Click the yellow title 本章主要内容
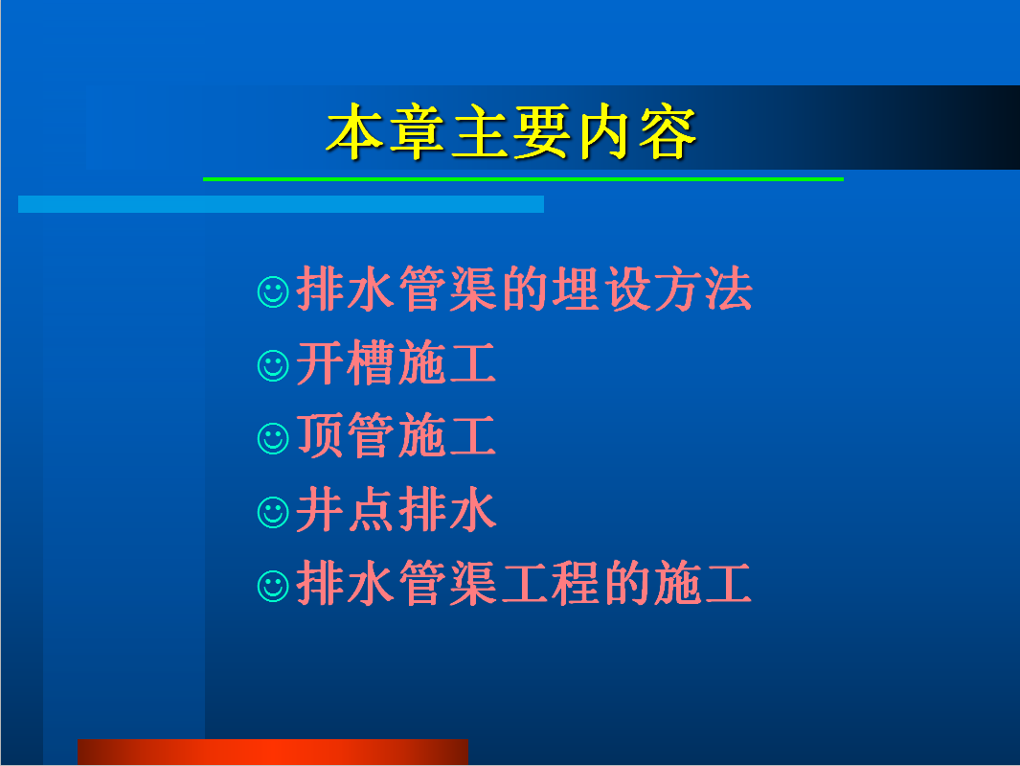pos(511,132)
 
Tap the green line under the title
pos(523,179)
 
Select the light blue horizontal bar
pos(281,204)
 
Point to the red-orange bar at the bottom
pos(273,752)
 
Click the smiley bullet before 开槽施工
pos(273,365)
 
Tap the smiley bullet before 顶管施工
pos(273,438)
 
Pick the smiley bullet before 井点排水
pos(273,512)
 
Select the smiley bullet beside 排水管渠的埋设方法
pos(273,291)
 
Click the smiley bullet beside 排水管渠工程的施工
pos(273,586)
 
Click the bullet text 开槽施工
pos(397,362)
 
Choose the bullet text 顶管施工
pos(397,436)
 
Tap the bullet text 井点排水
pos(397,509)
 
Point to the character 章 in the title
pos(417,132)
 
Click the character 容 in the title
pos(669,132)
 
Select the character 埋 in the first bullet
pos(577,289)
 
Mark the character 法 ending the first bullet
pos(729,289)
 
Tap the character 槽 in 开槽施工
pos(371,362)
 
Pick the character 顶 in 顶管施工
pos(320,436)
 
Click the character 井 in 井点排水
pos(320,509)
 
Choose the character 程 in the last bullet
pos(577,582)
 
